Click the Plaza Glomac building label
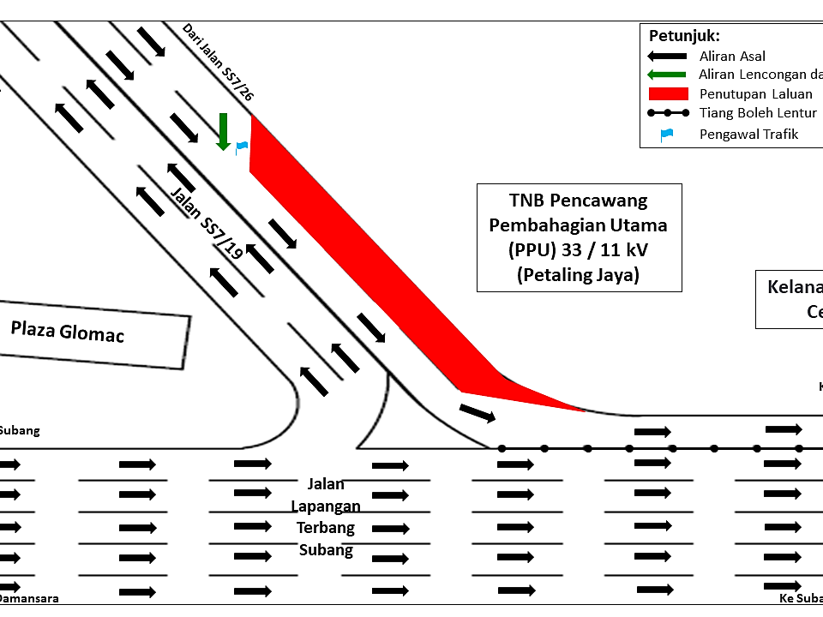[68, 331]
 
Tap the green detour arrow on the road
[223, 131]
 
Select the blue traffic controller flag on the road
[242, 147]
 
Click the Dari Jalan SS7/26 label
[218, 63]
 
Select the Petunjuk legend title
[684, 36]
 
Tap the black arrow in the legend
[668, 57]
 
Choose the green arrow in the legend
[668, 75]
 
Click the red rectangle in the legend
[668, 94]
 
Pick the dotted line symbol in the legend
[668, 113]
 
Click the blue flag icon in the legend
[667, 134]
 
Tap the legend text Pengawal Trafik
[748, 134]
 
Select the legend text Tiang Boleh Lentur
[758, 113]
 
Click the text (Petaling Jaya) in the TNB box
[579, 275]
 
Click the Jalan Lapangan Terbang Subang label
[326, 517]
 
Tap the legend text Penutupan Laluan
[755, 94]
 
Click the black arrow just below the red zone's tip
[478, 413]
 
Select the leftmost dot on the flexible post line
[502, 448]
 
